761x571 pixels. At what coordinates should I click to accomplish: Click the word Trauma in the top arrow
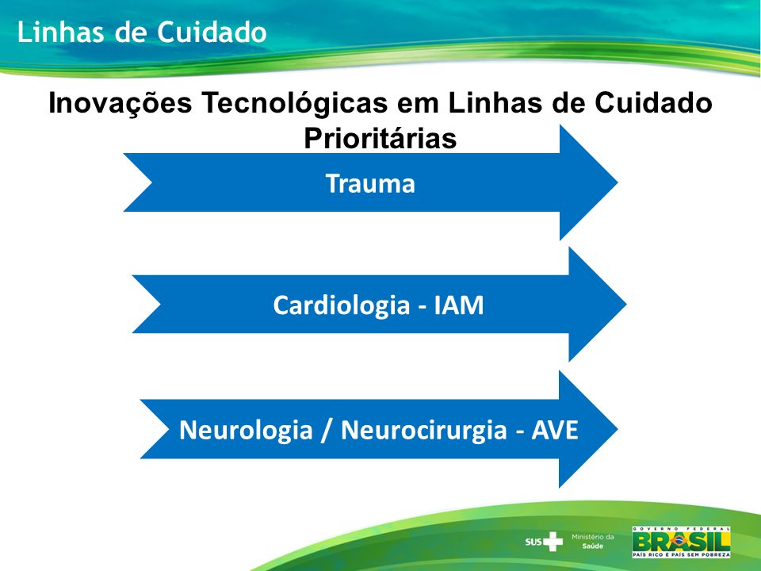click(x=370, y=183)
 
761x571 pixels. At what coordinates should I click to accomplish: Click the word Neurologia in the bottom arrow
click(x=246, y=430)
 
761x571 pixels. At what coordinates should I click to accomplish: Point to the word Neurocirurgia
click(x=423, y=430)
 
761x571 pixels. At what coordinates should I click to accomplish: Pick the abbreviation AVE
click(x=555, y=430)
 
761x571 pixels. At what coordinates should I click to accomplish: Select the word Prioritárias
click(x=380, y=138)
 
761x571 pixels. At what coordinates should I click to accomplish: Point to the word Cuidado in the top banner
click(x=212, y=33)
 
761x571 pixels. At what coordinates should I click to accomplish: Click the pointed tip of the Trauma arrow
click(x=618, y=182)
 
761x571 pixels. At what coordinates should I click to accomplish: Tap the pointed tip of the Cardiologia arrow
click(x=626, y=305)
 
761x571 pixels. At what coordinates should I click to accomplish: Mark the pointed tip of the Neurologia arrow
click(x=618, y=429)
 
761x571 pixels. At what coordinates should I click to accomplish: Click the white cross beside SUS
click(x=553, y=542)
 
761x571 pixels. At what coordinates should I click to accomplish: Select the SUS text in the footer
click(x=533, y=542)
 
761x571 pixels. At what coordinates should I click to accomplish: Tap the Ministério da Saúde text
click(x=593, y=541)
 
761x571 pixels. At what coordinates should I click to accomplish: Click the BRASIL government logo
click(x=681, y=542)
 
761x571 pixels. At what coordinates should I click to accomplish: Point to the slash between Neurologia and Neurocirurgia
click(x=327, y=430)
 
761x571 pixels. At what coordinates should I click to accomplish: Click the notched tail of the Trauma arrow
click(x=151, y=182)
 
